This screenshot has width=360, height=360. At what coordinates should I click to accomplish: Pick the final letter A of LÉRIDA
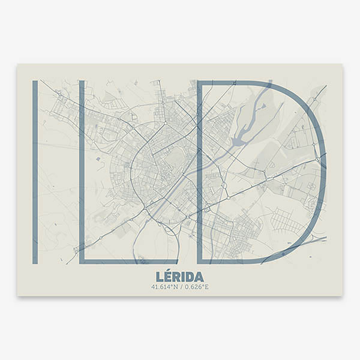199,276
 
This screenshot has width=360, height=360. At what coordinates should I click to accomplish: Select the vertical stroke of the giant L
82,168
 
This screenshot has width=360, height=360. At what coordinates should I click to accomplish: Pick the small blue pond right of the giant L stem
98,158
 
